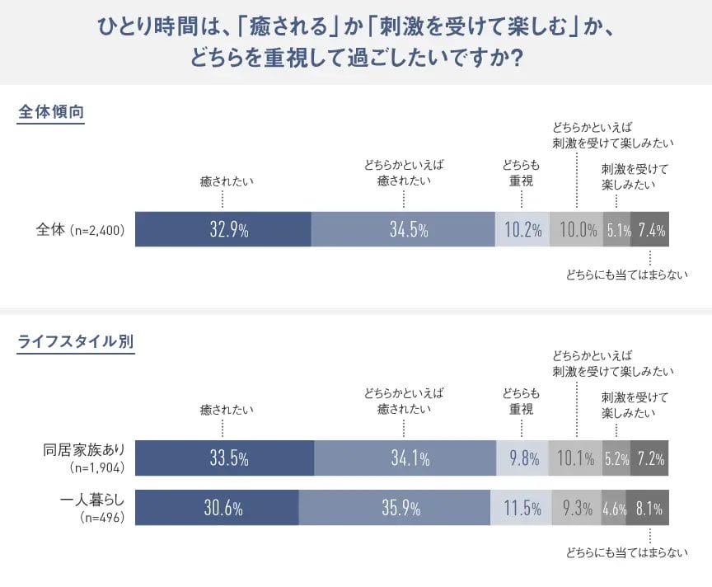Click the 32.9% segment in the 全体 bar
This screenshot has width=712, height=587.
222,230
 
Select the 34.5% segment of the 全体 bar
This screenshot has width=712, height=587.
402,230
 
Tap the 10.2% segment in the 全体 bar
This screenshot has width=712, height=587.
522,230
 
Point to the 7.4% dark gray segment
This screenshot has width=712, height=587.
650,230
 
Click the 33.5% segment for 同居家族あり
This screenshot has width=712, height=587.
224,458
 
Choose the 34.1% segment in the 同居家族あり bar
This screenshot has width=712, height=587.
405,458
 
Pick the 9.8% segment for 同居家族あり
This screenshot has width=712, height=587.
522,458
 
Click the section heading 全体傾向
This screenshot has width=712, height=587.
51,112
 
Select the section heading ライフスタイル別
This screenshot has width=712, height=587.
76,340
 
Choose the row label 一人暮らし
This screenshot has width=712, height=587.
92,500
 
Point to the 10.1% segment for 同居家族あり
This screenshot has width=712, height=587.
576,458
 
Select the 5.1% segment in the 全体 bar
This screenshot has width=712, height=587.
617,230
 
